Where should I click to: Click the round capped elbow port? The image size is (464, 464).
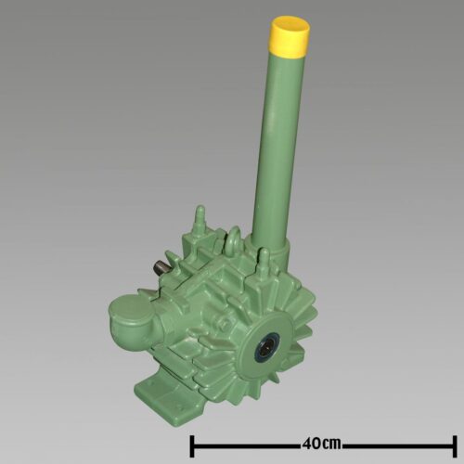[x=128, y=317]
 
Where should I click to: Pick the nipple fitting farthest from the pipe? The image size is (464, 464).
[x=200, y=221]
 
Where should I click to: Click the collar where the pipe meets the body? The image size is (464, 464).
[x=272, y=248]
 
